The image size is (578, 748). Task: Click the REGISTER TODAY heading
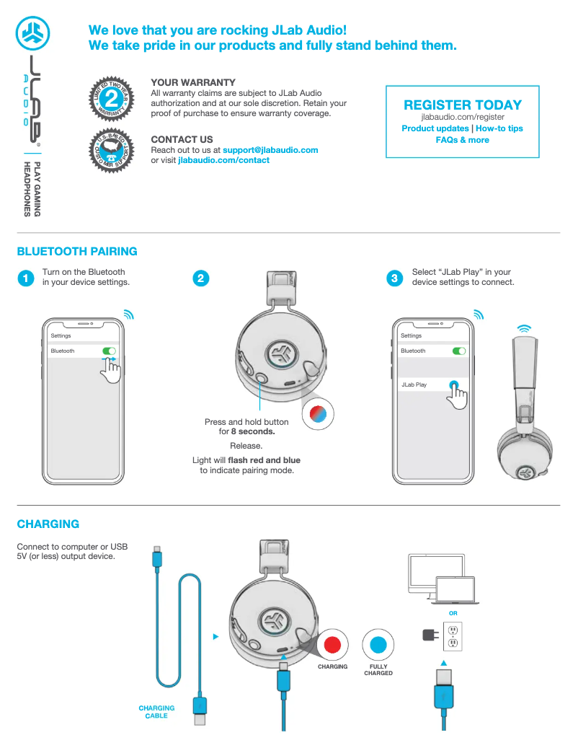[x=463, y=105]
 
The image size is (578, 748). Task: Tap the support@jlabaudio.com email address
[x=270, y=150]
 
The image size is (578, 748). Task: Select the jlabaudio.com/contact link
[x=223, y=160]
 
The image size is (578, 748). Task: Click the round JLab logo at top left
[x=33, y=32]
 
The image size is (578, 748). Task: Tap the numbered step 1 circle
[x=25, y=278]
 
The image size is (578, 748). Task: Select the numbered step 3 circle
[x=394, y=278]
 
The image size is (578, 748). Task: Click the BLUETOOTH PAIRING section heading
[x=77, y=252]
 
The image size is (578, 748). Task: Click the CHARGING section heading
[x=48, y=524]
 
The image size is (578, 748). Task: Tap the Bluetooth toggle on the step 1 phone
[x=109, y=351]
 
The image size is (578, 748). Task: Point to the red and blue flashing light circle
[x=318, y=413]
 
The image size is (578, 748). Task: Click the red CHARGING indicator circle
[x=332, y=644]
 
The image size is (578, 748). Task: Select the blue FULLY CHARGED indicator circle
[x=378, y=644]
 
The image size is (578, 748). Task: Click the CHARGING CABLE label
[x=156, y=712]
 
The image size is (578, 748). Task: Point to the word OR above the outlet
[x=453, y=614]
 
